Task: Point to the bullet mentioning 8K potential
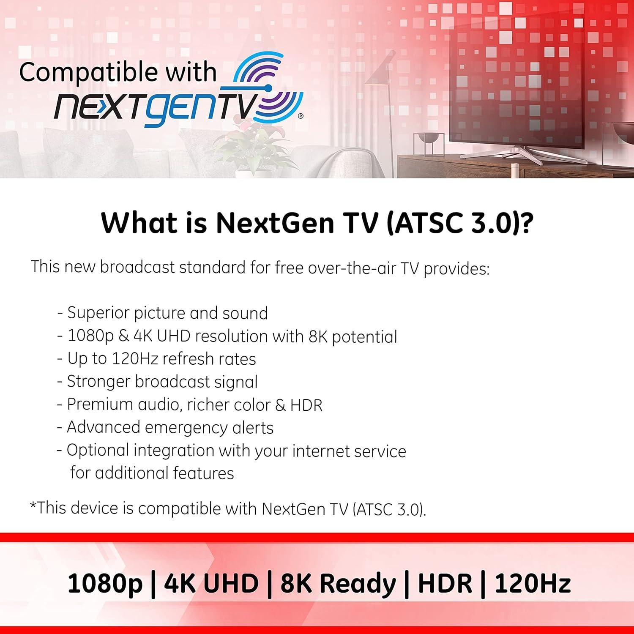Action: [x=227, y=336]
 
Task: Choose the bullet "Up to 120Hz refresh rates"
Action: [x=156, y=359]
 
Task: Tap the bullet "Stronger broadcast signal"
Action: [x=157, y=382]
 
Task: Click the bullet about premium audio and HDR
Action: [x=190, y=404]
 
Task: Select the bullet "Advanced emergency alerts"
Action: [x=165, y=427]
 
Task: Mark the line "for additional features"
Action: [x=152, y=473]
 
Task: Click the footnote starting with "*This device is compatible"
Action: [x=228, y=508]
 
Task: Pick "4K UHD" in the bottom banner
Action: [x=211, y=583]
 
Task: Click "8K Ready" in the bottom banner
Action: [x=338, y=583]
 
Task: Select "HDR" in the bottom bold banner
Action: [x=445, y=583]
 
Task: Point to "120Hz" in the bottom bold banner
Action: [x=533, y=583]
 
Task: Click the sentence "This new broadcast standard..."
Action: [x=260, y=268]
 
